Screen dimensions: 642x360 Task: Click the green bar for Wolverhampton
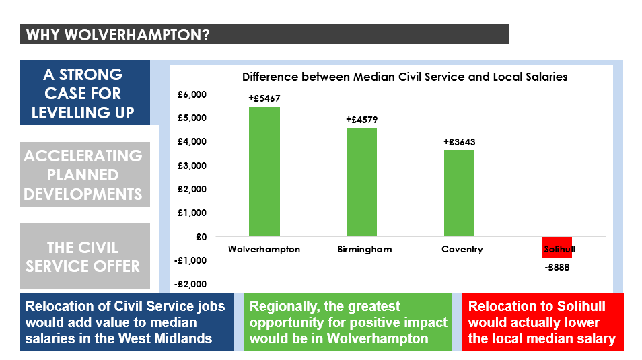tap(264, 172)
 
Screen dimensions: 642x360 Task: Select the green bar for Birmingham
tap(361, 182)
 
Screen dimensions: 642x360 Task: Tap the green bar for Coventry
tap(460, 193)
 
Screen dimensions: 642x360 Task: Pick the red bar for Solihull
tap(557, 247)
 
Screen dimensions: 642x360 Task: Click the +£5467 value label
tap(264, 98)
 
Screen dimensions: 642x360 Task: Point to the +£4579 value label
tap(362, 120)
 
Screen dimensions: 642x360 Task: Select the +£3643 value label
tap(460, 142)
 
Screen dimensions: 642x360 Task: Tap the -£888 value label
tap(557, 267)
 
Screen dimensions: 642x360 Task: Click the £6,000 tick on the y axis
tap(192, 94)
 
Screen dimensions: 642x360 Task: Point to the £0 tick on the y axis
tap(201, 237)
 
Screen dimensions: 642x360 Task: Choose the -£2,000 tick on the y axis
tap(190, 284)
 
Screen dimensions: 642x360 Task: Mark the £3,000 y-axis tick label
tap(192, 166)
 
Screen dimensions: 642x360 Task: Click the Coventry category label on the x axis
tap(462, 249)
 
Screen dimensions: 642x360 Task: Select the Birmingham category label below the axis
tap(364, 249)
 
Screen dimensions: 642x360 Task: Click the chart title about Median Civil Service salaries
tap(405, 77)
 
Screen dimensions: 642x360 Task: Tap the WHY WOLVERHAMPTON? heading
tap(118, 35)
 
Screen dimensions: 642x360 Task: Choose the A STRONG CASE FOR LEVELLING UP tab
tap(85, 93)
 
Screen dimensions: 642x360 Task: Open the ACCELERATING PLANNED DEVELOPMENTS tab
tap(85, 174)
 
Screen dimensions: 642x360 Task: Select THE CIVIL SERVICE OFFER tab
tap(85, 256)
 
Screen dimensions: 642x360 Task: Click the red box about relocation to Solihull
tap(543, 322)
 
